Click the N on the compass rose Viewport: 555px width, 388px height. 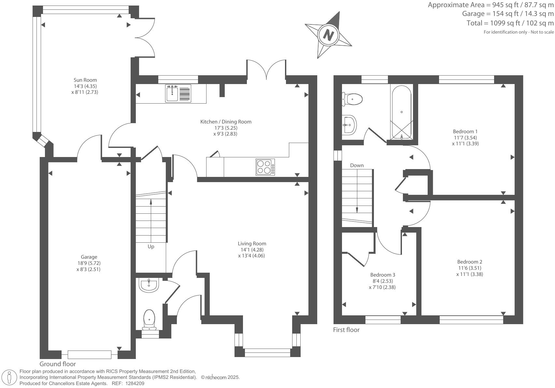click(329, 35)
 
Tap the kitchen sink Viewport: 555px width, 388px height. click(178, 93)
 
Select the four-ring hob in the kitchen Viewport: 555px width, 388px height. click(265, 167)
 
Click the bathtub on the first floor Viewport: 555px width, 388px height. click(402, 112)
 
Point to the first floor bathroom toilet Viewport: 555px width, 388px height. click(352, 99)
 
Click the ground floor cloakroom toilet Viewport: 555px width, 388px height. click(149, 319)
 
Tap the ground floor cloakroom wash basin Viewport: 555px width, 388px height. click(149, 285)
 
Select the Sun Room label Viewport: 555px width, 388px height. click(85, 80)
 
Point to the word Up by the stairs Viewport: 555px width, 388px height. click(151, 247)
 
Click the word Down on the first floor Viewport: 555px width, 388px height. click(357, 165)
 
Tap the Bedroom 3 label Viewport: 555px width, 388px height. click(382, 275)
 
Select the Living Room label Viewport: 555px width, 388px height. click(252, 243)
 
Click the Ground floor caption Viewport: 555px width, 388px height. click(58, 364)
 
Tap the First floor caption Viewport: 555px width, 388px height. click(346, 330)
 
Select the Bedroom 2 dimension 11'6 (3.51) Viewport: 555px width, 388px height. click(469, 268)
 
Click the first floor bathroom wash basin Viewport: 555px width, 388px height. click(350, 124)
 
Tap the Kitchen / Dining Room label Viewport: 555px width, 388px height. click(225, 122)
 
